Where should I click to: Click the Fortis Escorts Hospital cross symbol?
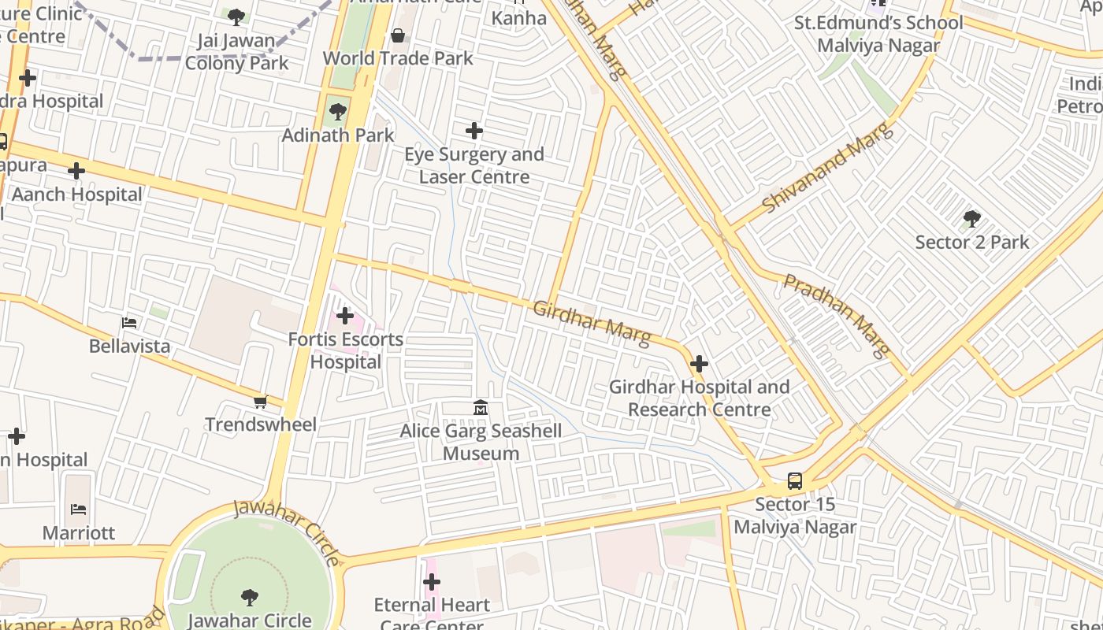coord(345,316)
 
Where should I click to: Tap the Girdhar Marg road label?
coord(592,323)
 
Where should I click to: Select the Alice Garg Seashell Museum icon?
coord(480,407)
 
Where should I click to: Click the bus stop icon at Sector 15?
coord(795,481)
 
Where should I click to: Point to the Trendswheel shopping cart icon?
coord(260,402)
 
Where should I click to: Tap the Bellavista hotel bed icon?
coord(129,323)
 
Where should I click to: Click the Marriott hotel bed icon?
coord(79,510)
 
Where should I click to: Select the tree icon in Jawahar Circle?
coord(250,598)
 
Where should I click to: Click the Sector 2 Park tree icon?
coord(971,218)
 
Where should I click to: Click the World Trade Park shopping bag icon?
coord(398,35)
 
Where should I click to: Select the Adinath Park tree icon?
coord(338,112)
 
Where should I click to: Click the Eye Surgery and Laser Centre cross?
coord(474,131)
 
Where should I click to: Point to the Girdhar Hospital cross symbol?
coord(699,364)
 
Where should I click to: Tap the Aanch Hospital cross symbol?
coord(76,171)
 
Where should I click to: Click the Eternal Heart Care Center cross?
coord(432,582)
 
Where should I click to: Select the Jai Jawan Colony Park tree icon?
coord(236,17)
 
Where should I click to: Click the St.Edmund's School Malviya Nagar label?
coord(878,34)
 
